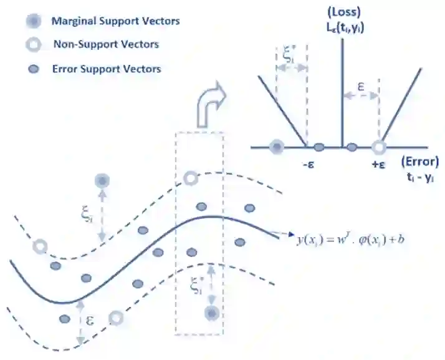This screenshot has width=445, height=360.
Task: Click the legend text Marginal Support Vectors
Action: click(x=115, y=21)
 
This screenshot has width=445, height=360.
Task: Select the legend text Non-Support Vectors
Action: click(x=105, y=44)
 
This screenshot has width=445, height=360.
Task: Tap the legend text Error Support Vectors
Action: click(x=107, y=69)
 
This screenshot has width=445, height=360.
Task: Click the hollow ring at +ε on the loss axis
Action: click(x=378, y=147)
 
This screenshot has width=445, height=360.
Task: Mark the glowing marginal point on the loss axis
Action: click(x=276, y=147)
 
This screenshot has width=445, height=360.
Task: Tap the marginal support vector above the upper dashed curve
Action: click(x=102, y=181)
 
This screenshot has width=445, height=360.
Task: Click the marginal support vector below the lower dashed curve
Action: click(x=213, y=313)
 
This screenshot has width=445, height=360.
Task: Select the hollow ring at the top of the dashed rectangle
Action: click(x=191, y=179)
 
